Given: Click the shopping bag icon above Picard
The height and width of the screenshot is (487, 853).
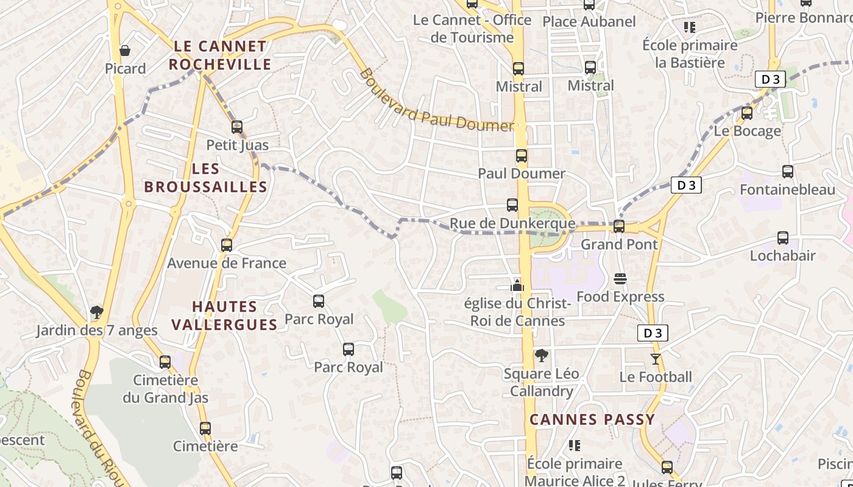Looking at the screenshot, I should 125,51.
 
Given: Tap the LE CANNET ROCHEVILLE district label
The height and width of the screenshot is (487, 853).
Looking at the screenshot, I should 220,55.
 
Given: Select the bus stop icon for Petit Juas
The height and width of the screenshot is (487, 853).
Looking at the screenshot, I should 237,127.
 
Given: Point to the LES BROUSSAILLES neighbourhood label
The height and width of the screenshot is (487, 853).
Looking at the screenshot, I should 205,178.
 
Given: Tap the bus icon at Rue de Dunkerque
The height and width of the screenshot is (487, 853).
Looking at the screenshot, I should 512,205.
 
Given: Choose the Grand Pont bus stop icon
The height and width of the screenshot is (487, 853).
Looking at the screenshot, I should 619,226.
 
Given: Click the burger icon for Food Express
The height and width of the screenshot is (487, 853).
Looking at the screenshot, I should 620,279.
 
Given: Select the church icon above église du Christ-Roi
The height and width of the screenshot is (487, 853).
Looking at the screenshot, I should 517,285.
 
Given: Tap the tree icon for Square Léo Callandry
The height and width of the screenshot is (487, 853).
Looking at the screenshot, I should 540,356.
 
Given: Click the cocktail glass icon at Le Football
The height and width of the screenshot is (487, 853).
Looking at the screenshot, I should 656,359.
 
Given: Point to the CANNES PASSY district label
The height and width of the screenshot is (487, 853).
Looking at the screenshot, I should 592,419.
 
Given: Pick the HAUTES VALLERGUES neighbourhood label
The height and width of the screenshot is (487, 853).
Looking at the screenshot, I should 224,315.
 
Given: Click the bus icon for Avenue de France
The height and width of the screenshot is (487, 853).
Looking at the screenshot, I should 227,245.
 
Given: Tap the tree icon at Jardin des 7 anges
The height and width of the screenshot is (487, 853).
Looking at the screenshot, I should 96,313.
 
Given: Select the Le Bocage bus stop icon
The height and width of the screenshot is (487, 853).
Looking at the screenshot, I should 747,113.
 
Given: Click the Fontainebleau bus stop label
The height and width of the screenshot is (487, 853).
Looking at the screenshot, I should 787,189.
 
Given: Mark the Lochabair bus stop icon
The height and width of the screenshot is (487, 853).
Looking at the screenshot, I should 783,238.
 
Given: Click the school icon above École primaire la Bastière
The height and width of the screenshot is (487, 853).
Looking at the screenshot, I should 690,27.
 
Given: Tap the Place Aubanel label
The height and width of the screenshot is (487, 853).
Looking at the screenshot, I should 589,22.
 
